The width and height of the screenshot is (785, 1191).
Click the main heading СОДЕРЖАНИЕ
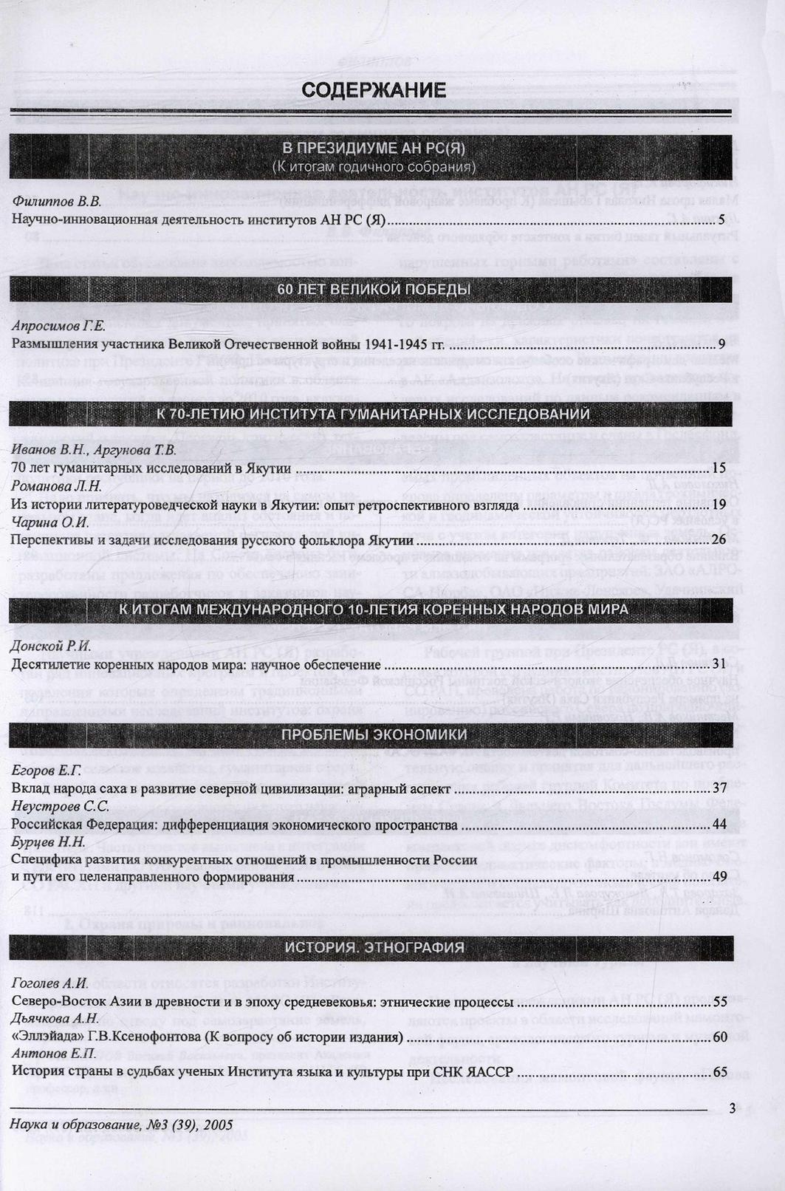point(374,90)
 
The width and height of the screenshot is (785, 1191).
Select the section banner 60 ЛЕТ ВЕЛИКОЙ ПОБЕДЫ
point(374,290)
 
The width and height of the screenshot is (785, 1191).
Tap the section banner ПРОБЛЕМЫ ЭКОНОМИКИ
point(374,734)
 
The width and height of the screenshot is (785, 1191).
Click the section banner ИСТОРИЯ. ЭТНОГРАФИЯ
point(374,947)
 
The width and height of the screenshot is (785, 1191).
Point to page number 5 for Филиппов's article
point(721,219)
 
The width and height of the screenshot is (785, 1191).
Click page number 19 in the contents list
point(719,505)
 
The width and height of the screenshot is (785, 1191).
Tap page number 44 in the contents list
point(719,825)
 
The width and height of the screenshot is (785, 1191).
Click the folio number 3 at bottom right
point(731,1107)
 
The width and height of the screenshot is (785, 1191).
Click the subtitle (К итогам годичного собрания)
point(374,166)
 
